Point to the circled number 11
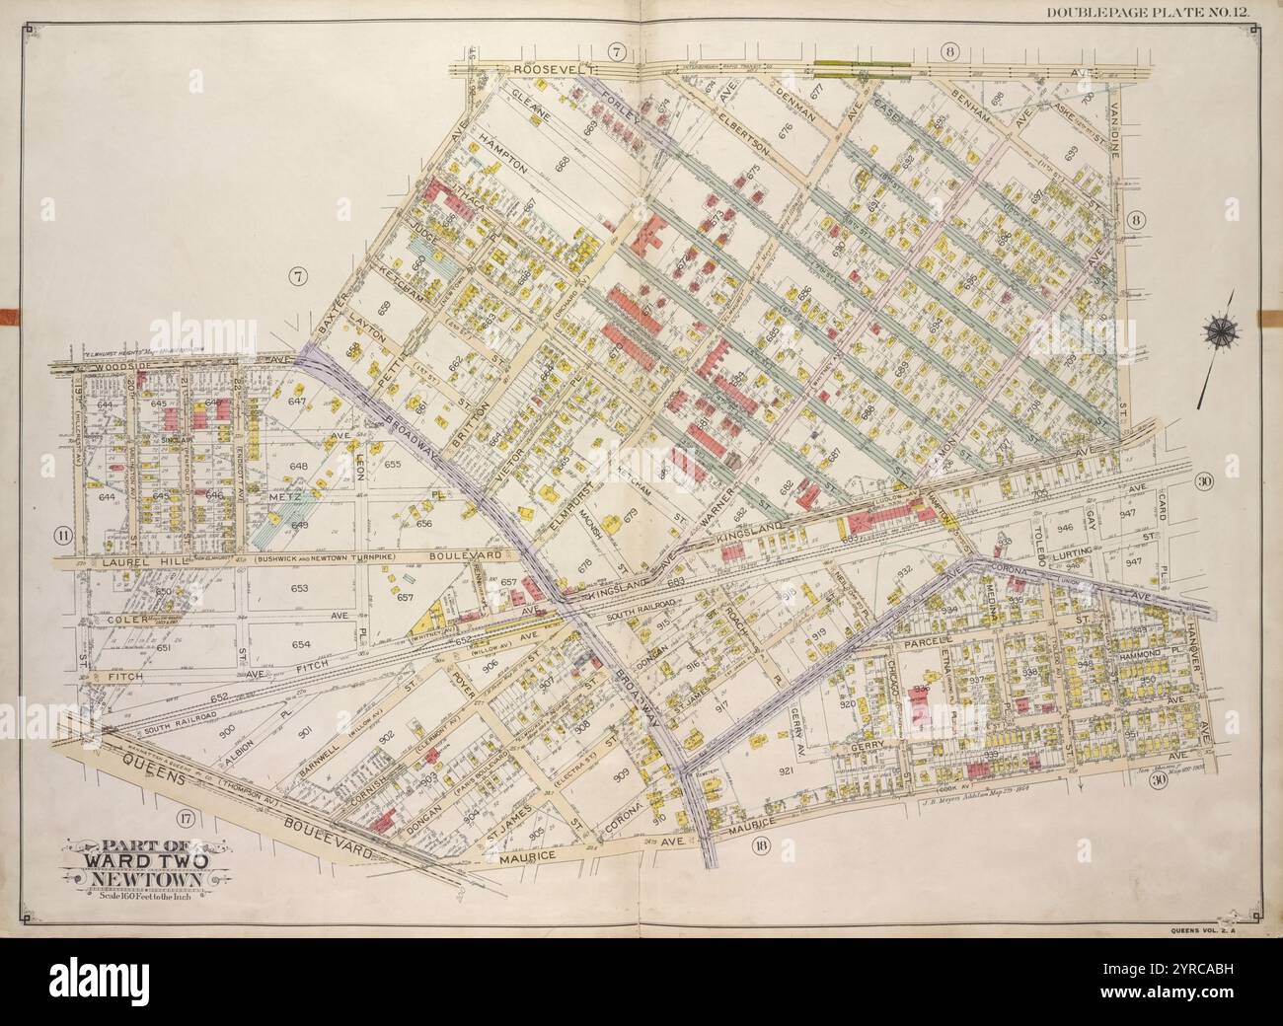click(x=63, y=536)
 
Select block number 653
click(x=299, y=589)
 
